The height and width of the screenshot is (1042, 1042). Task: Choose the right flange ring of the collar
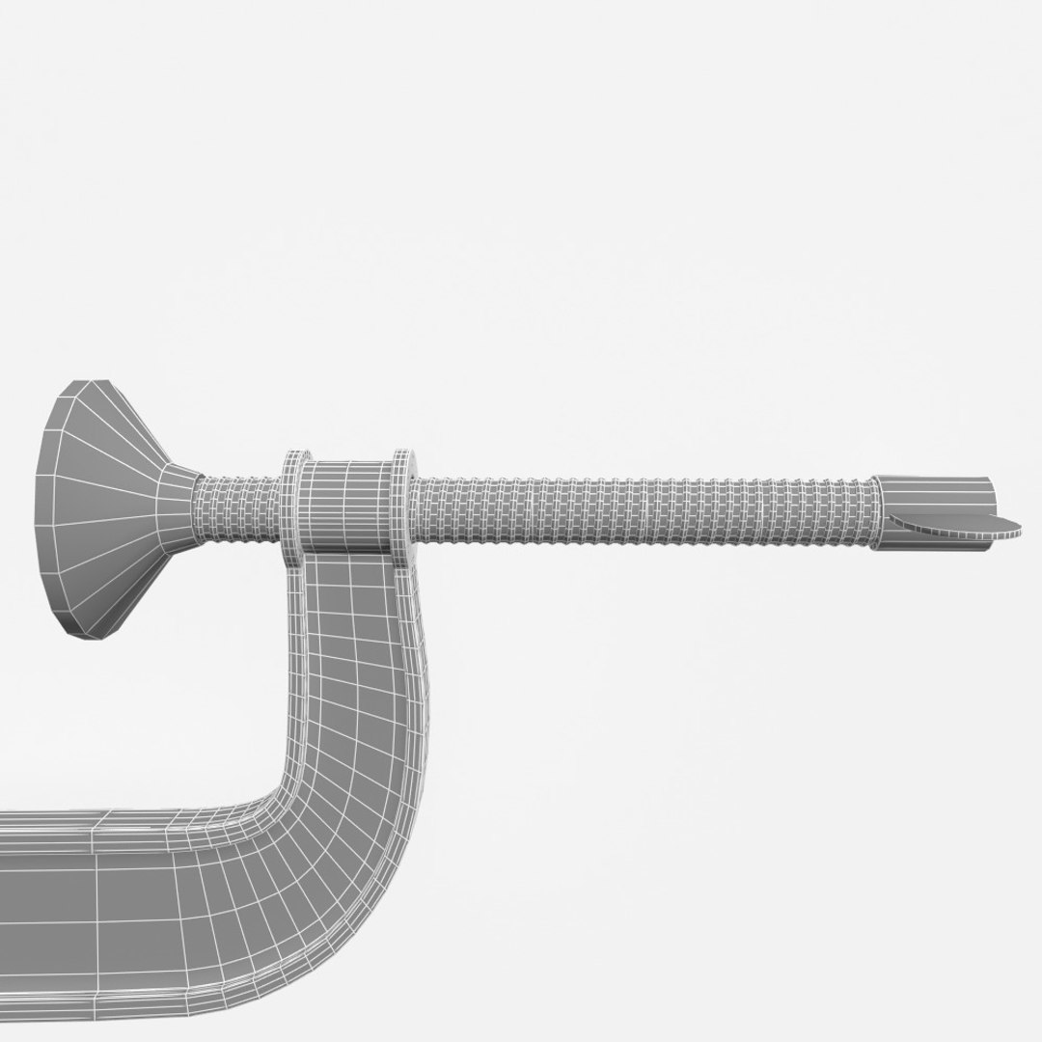[x=402, y=502]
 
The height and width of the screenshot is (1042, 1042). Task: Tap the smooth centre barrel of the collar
[x=347, y=504]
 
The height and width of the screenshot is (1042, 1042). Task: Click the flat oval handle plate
[x=955, y=523]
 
